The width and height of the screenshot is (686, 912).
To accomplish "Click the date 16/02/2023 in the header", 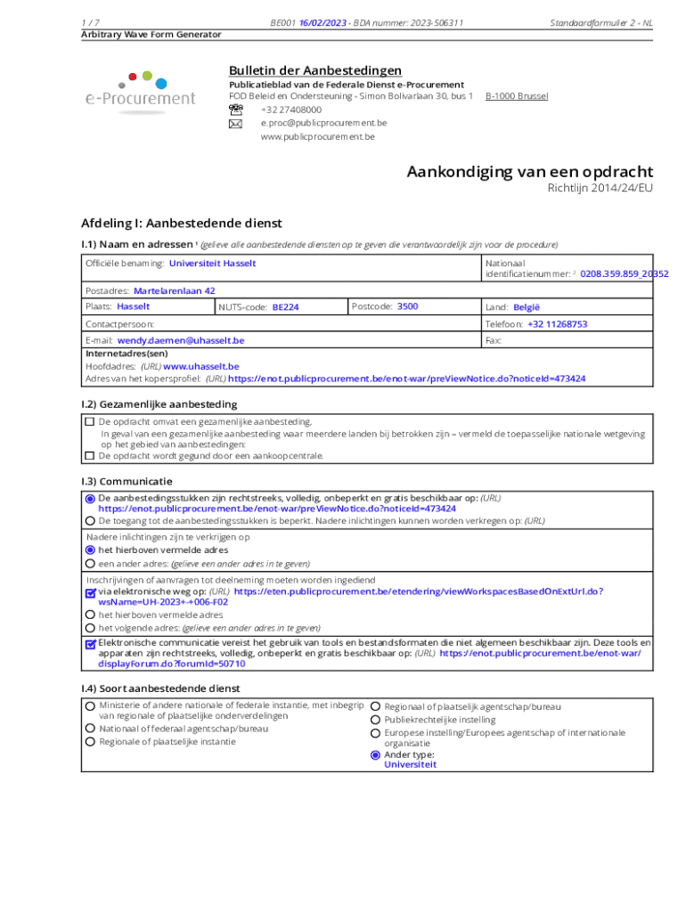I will click(323, 22).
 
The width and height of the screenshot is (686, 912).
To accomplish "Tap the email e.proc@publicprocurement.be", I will click(323, 123).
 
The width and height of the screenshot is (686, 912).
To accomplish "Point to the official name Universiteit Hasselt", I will click(212, 264).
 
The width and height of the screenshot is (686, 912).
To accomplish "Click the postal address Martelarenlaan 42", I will click(174, 290).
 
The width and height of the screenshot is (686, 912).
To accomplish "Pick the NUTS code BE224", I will click(285, 307).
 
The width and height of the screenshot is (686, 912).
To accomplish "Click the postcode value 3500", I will click(407, 306).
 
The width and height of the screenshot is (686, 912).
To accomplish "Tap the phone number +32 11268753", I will click(557, 324).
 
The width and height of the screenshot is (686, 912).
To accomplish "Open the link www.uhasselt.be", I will click(200, 366).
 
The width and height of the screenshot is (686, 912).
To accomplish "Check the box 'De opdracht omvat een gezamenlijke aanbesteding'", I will click(89, 422).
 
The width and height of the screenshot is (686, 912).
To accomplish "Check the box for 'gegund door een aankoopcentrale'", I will click(89, 456).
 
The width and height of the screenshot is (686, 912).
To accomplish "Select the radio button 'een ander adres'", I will click(90, 564).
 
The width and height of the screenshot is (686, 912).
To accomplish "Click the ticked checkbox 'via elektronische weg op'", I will click(90, 592).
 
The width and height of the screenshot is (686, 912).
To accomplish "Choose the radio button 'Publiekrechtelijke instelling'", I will click(375, 720).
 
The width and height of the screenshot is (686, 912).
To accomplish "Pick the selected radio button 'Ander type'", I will click(375, 755).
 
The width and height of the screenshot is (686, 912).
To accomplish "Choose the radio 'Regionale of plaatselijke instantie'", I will click(90, 741).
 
